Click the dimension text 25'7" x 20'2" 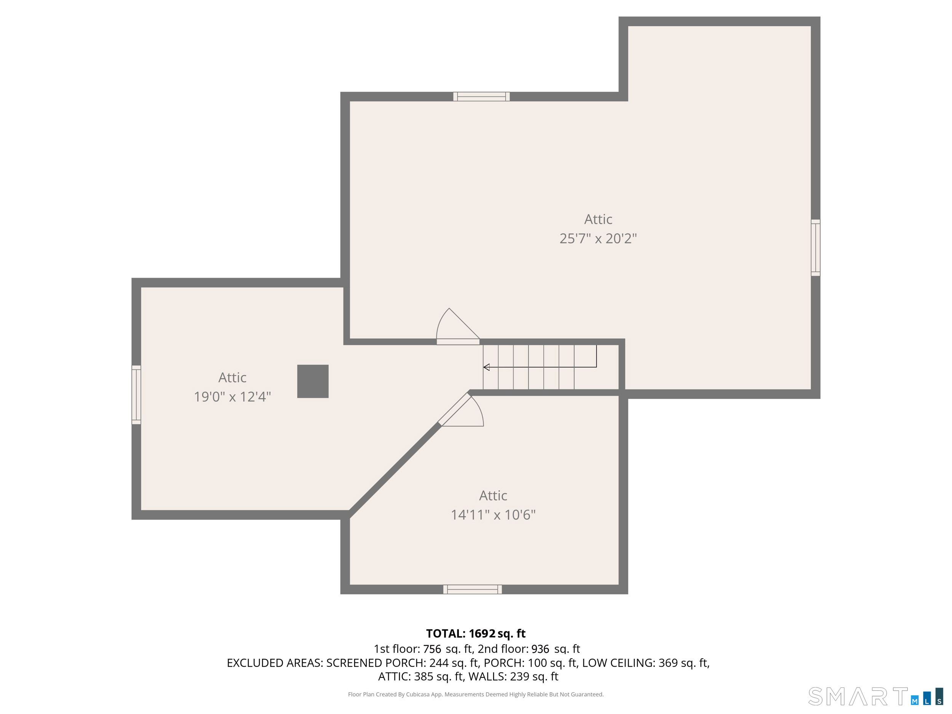pyautogui.click(x=598, y=238)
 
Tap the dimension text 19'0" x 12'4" pyautogui.click(x=232, y=396)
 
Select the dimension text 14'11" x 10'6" pyautogui.click(x=493, y=515)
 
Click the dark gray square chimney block pyautogui.click(x=313, y=381)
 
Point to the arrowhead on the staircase pyautogui.click(x=486, y=367)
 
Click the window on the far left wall pyautogui.click(x=136, y=395)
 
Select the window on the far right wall pyautogui.click(x=815, y=248)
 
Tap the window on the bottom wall pyautogui.click(x=472, y=589)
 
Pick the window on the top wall pyautogui.click(x=481, y=96)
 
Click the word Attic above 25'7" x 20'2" pyautogui.click(x=598, y=219)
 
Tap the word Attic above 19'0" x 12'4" pyautogui.click(x=232, y=377)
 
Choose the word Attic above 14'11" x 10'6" pyautogui.click(x=493, y=496)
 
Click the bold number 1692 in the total pyautogui.click(x=482, y=634)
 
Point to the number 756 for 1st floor pyautogui.click(x=432, y=649)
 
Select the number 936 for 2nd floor pyautogui.click(x=540, y=649)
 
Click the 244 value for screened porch pyautogui.click(x=439, y=663)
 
